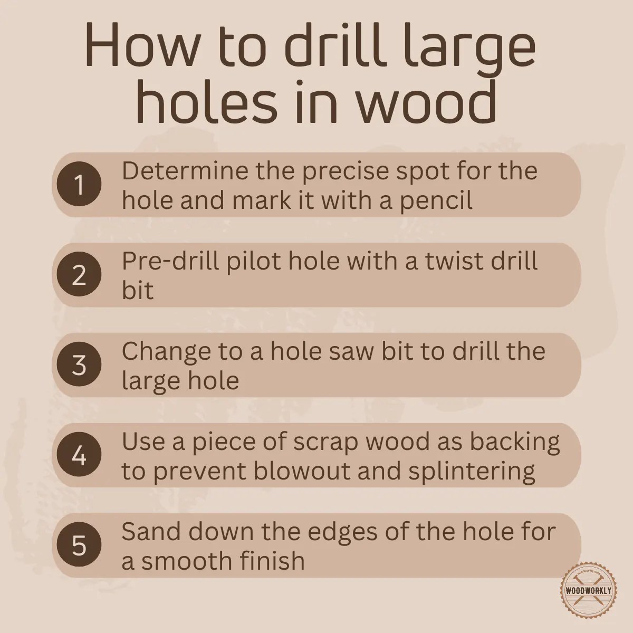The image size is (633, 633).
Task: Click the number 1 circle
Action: (79, 185)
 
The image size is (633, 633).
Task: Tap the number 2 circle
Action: (79, 275)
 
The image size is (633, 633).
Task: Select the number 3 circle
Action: (79, 365)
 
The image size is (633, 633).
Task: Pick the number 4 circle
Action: (79, 455)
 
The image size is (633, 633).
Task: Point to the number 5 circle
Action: (79, 545)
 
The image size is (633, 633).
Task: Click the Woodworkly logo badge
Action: (588, 590)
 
